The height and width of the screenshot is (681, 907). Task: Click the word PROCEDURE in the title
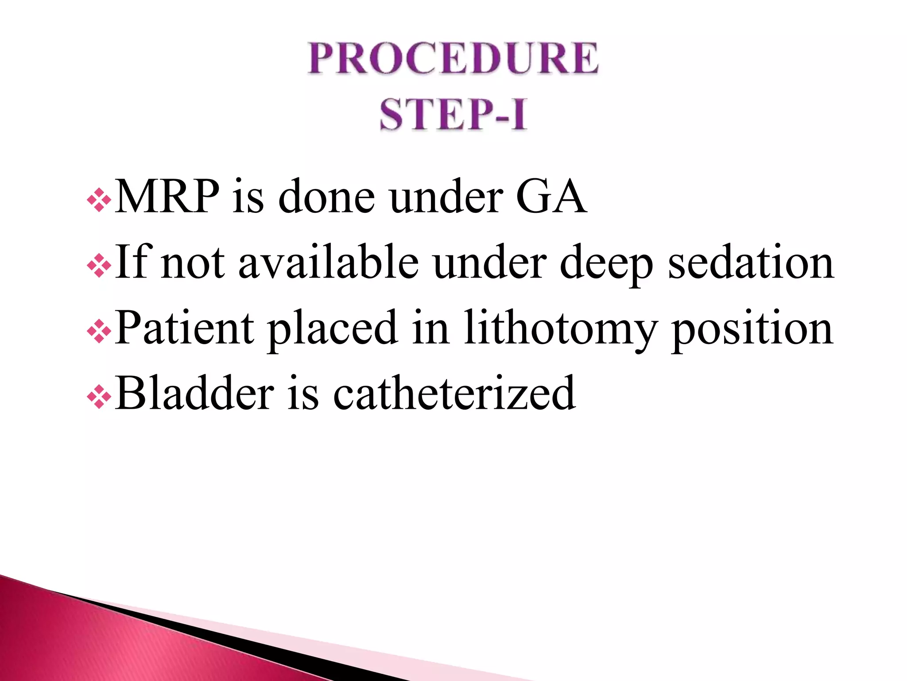coord(453,58)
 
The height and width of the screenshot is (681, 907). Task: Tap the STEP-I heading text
coord(453,114)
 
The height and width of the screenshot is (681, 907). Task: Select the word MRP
coord(167,197)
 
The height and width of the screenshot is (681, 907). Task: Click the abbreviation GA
coord(550,197)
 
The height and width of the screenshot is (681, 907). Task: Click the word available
coord(328,262)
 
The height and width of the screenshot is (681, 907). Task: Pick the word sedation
coord(751,262)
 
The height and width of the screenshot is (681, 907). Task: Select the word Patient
coord(184,328)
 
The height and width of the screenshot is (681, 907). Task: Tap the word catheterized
coord(453,393)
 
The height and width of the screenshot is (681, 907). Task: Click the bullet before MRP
coord(99,200)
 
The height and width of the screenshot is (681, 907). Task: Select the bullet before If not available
coord(99,266)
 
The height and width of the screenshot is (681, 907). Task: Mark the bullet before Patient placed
coord(99,331)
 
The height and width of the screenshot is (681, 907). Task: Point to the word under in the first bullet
coord(446,197)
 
